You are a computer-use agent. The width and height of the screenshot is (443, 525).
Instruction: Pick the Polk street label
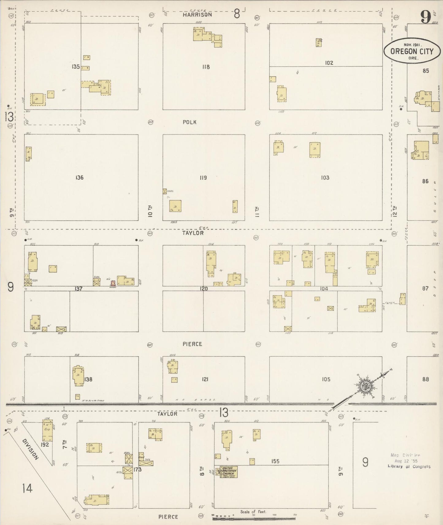[x=189, y=122]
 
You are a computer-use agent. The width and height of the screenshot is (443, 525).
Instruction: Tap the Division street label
[x=31, y=450]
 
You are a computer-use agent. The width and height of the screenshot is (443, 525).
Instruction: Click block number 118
[x=206, y=67]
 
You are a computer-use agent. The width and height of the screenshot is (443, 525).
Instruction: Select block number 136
[x=79, y=178]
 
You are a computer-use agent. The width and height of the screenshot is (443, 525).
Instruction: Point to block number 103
[x=325, y=178]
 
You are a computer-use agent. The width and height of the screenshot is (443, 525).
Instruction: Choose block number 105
[x=326, y=380]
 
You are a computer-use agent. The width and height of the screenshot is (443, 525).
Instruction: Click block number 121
[x=205, y=380]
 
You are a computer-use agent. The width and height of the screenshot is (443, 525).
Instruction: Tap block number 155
[x=275, y=461]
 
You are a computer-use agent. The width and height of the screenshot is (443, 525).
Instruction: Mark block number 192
[x=45, y=444]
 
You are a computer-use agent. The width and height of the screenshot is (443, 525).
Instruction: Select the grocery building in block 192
[x=48, y=430]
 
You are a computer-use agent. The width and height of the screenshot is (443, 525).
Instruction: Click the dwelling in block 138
[x=78, y=375]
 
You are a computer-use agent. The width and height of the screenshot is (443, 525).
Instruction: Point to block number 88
[x=425, y=379]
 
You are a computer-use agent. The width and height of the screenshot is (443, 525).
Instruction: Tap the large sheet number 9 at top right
[x=426, y=17]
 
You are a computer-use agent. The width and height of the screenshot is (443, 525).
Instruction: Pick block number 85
[x=425, y=71]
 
